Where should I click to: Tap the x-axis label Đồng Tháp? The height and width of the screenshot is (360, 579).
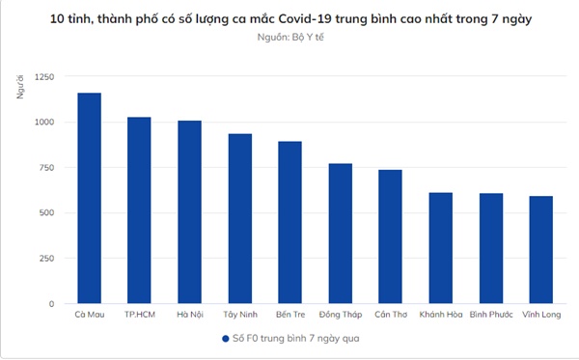coord(340,315)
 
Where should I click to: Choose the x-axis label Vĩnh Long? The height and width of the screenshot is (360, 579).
coord(540,315)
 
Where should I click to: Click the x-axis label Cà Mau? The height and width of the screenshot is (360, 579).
coord(89,315)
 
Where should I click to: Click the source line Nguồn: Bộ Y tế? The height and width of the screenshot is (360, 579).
coord(289,40)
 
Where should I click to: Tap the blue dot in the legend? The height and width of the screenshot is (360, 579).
coord(224,340)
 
